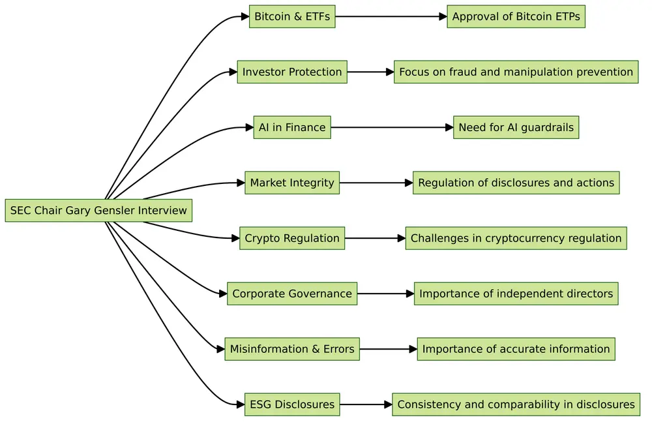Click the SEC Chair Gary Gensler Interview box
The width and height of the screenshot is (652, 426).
click(x=98, y=211)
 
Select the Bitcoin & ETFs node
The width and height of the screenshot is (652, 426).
click(x=292, y=16)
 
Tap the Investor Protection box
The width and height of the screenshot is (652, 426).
click(x=292, y=72)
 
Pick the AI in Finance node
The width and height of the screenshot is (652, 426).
click(x=292, y=127)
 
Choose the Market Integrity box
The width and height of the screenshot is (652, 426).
click(x=292, y=183)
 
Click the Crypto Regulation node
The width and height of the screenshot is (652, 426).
click(x=292, y=238)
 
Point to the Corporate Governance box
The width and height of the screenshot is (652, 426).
click(x=292, y=294)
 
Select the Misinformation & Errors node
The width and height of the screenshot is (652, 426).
click(x=292, y=349)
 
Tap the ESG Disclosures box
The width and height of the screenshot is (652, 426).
click(x=292, y=404)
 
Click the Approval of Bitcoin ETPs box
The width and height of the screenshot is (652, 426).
click(x=516, y=16)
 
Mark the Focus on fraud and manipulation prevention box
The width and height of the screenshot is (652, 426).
click(x=516, y=72)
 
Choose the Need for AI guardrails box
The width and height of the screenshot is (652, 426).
click(x=516, y=127)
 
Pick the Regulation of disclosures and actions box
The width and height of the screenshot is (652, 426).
click(x=516, y=183)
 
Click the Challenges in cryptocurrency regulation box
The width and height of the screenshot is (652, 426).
click(x=516, y=238)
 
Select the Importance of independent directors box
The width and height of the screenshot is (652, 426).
click(x=516, y=294)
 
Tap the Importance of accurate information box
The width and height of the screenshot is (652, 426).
click(x=516, y=349)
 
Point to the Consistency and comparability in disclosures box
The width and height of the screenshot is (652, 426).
click(x=516, y=404)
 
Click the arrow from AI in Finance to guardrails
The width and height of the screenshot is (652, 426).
click(x=391, y=127)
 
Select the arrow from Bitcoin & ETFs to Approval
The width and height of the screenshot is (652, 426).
click(x=391, y=16)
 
